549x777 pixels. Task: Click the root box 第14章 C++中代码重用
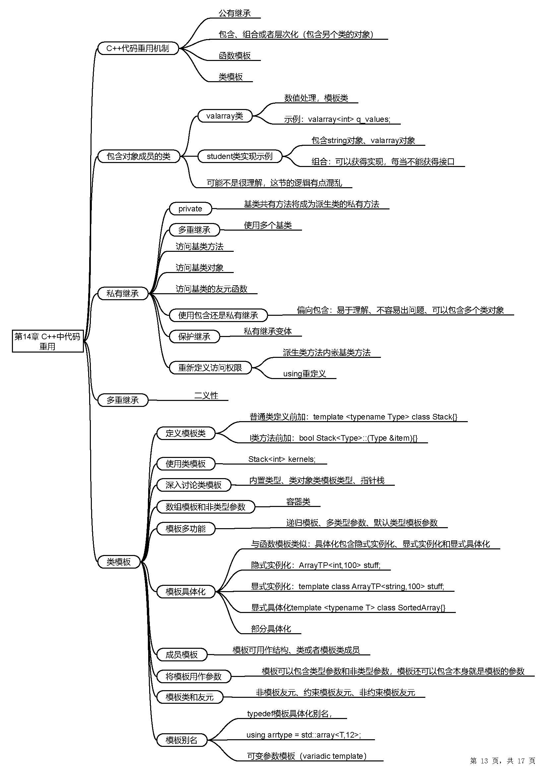(x=47, y=341)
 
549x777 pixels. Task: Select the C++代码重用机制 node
(x=138, y=48)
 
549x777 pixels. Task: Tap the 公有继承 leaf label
(x=234, y=14)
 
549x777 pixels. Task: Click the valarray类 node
(x=224, y=116)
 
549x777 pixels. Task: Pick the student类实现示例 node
(x=239, y=156)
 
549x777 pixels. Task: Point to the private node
(x=190, y=209)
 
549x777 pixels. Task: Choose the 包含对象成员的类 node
(x=138, y=156)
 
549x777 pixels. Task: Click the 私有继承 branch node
(x=123, y=294)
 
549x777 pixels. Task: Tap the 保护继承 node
(x=194, y=337)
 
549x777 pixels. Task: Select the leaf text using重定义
(x=304, y=374)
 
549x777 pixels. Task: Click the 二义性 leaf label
(x=206, y=396)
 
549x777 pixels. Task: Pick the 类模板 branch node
(x=119, y=562)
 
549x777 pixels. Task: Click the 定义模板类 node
(x=185, y=433)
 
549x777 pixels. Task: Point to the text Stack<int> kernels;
(x=282, y=459)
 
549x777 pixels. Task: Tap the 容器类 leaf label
(x=298, y=502)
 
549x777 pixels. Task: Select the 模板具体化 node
(x=185, y=592)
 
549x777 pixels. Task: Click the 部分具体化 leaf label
(x=271, y=629)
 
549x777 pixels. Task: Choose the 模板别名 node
(x=181, y=740)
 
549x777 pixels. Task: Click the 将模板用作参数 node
(x=193, y=677)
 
